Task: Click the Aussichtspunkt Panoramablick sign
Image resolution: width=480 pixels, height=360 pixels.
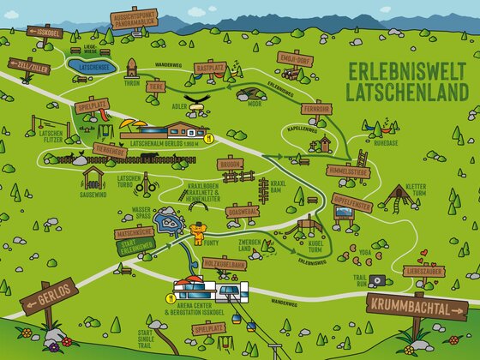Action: [136, 19]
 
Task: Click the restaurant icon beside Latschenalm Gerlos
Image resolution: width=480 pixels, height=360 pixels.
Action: [208, 135]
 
